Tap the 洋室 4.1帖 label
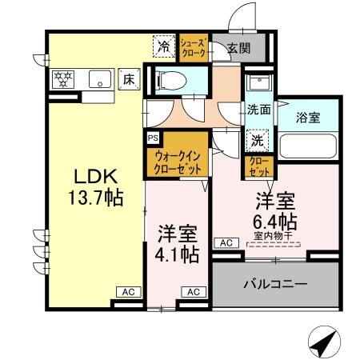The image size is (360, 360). (x=177, y=245)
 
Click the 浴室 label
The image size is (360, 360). (x=309, y=117)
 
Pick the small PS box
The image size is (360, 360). (x=153, y=137)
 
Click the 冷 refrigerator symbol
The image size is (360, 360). (x=162, y=47)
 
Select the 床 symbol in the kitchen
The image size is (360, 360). (x=128, y=78)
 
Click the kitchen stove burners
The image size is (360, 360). (x=64, y=78)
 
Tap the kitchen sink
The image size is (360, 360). (x=100, y=78)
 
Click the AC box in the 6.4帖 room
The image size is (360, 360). (x=225, y=242)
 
